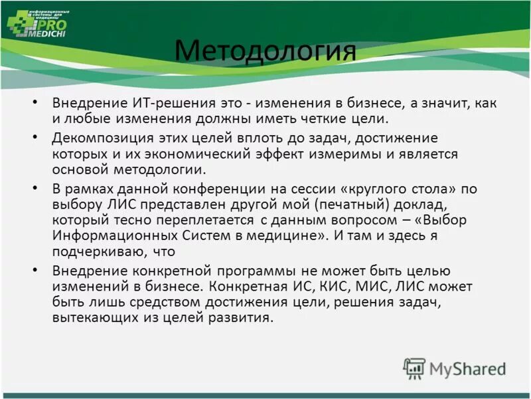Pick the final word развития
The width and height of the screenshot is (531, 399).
tap(243, 318)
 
